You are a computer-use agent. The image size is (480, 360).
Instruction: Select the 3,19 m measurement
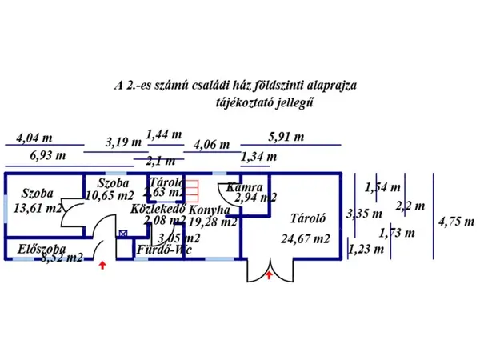tap(123, 142)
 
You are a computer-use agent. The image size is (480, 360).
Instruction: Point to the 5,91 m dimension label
tap(286, 136)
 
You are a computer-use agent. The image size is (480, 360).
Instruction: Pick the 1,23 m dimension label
tap(366, 249)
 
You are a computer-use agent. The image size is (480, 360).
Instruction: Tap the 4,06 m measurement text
tap(212, 146)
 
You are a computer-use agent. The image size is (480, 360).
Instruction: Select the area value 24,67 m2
tap(305, 238)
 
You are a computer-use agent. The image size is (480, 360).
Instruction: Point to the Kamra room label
tap(244, 186)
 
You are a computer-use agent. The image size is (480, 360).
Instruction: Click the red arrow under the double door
tap(269, 275)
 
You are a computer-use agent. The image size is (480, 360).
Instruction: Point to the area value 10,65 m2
tap(110, 194)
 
